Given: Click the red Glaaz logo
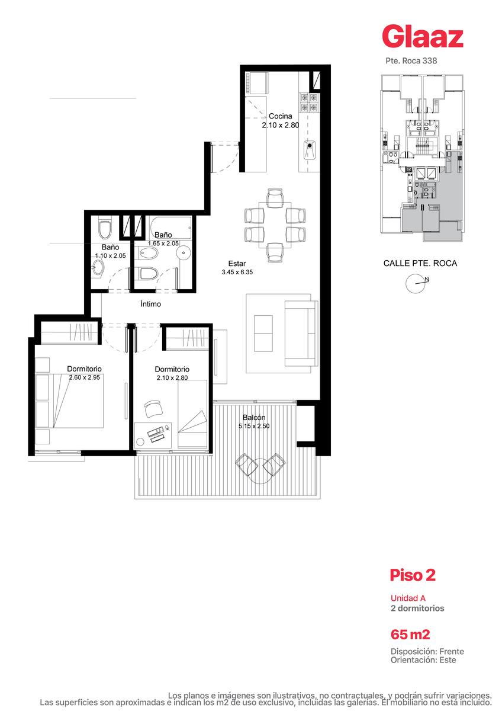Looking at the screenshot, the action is (x=423, y=37).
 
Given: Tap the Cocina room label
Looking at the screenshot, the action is (x=281, y=116).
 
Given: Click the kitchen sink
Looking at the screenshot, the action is (x=309, y=150).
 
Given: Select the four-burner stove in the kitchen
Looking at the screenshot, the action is (x=309, y=103).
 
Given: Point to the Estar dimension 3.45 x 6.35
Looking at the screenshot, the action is (x=237, y=272).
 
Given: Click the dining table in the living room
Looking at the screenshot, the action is (x=275, y=225).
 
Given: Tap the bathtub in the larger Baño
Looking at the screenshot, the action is (x=171, y=228).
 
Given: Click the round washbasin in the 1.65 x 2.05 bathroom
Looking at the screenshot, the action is (x=184, y=253).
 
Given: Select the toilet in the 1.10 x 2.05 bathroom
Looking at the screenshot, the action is (x=105, y=229).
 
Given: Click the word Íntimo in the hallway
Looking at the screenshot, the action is (x=150, y=304).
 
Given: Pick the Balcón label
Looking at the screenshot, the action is (x=254, y=417).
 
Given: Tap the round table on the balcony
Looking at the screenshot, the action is (x=260, y=471).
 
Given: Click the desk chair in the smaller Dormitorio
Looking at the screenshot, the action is (x=153, y=408).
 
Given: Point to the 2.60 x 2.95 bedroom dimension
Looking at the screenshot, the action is (x=84, y=377).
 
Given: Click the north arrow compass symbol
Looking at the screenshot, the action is (x=416, y=283).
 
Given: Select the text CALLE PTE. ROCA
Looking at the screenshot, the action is (x=420, y=263).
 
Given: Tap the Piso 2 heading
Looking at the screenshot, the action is (x=413, y=575).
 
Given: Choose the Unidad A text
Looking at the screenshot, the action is (x=408, y=598).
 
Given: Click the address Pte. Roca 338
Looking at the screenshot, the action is (x=411, y=60).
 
